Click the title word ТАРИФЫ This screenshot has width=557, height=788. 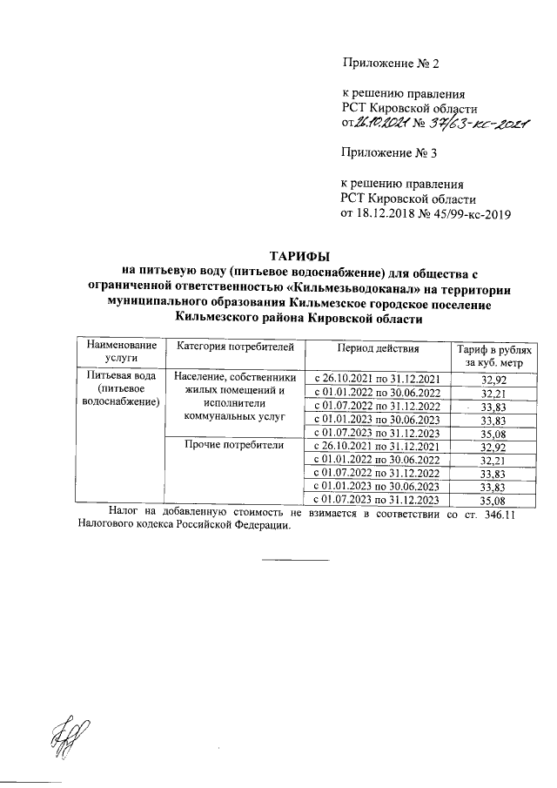click(299, 256)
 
